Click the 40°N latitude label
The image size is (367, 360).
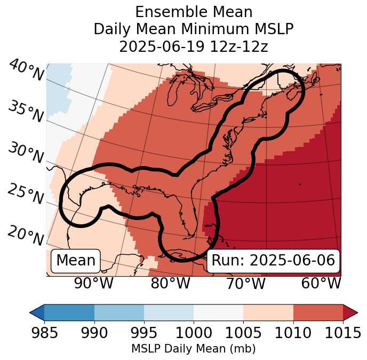(x=26, y=71)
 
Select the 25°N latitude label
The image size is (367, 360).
(x=26, y=194)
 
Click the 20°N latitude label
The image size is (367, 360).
(x=26, y=235)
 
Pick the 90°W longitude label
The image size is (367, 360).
(x=94, y=283)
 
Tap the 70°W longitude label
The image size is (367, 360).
(x=245, y=283)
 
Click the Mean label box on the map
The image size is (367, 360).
(x=76, y=261)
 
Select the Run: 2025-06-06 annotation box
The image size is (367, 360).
(x=273, y=261)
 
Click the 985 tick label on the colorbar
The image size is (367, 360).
(x=44, y=333)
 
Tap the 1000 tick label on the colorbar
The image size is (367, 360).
(x=194, y=333)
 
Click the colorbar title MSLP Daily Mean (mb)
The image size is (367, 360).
(x=193, y=349)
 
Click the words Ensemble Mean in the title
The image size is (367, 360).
(x=194, y=12)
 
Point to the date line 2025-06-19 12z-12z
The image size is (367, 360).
(x=194, y=46)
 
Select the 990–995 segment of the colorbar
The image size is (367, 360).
(x=119, y=312)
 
